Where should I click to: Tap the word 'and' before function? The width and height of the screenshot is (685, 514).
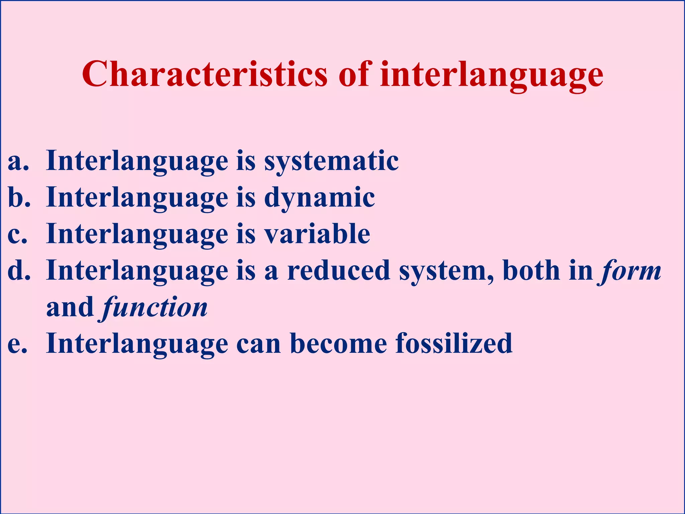70,307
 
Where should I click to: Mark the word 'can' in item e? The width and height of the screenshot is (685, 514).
259,344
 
